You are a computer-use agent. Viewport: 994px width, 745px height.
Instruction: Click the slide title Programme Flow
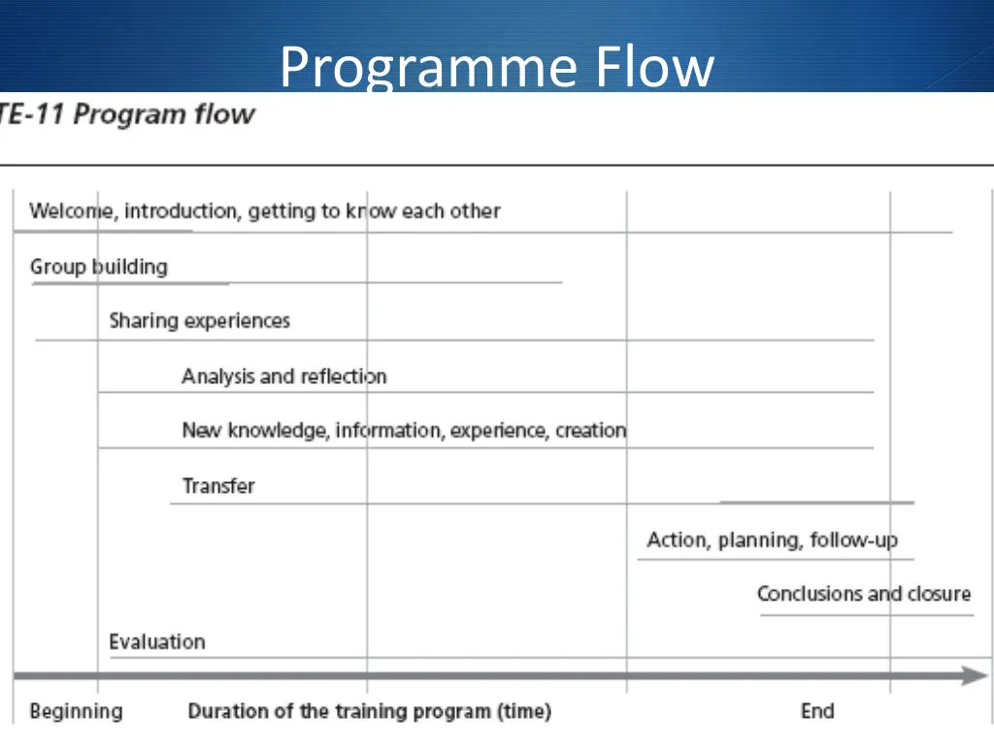(496, 67)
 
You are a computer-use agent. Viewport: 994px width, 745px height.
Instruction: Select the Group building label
(98, 267)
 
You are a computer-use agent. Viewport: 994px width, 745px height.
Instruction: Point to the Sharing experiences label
(199, 321)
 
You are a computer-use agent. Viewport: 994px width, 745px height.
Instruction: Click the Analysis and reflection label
(283, 376)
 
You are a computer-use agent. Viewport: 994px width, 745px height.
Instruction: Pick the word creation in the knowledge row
(590, 430)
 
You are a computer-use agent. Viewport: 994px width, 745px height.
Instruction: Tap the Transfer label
(218, 486)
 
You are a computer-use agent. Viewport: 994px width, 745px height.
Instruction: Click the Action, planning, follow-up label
(772, 540)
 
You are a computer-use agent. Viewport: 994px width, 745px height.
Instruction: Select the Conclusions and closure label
(863, 594)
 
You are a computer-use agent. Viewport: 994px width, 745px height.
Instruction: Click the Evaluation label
(156, 642)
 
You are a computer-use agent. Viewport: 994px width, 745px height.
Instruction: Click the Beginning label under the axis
(76, 711)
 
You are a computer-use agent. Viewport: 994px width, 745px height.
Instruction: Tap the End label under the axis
(816, 711)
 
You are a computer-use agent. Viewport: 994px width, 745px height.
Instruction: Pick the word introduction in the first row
(182, 211)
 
